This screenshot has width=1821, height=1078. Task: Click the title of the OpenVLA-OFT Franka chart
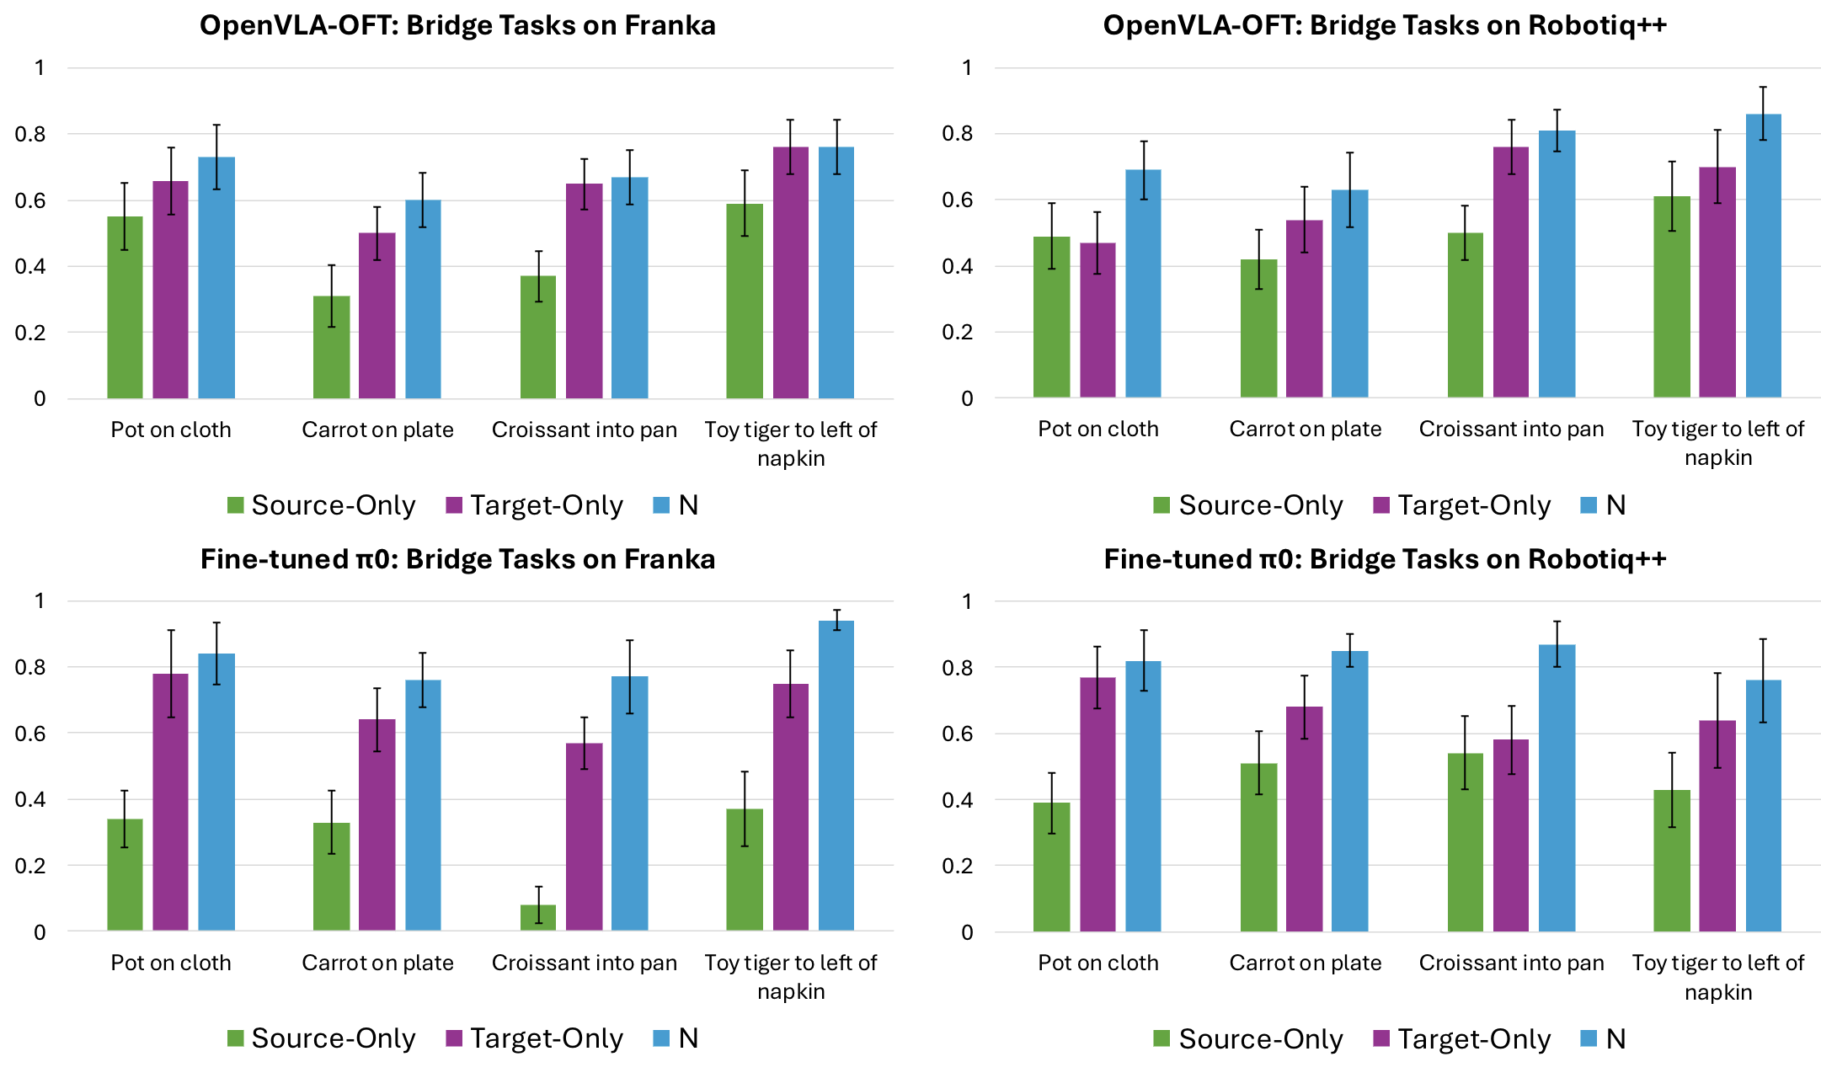click(457, 25)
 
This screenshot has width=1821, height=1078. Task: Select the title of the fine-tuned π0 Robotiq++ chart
click(1385, 559)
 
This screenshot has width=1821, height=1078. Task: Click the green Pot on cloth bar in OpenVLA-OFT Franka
click(125, 307)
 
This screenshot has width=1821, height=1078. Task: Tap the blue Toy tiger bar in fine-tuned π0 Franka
click(836, 775)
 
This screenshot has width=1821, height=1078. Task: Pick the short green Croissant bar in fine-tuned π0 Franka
click(538, 917)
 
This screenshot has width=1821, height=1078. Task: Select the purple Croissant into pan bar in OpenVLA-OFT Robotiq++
click(1511, 272)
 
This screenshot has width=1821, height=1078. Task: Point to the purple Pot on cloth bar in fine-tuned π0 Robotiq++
click(1097, 804)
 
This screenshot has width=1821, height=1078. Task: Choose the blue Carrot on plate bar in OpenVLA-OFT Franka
click(423, 299)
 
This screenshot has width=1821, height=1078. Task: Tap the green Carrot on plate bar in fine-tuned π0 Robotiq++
click(1258, 846)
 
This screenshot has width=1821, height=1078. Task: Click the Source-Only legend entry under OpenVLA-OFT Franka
click(322, 505)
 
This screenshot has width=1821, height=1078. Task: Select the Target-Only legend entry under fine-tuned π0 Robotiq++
click(1462, 1039)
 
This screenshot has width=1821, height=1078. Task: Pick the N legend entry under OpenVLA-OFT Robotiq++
click(1604, 505)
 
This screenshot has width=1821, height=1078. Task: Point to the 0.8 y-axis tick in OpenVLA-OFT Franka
click(29, 134)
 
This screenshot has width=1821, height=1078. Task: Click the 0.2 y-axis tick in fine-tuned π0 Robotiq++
click(957, 866)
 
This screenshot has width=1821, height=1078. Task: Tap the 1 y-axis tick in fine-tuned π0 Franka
click(40, 600)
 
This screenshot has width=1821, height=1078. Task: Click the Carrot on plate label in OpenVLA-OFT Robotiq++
click(1305, 430)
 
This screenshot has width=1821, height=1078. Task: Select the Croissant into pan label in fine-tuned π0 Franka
click(584, 963)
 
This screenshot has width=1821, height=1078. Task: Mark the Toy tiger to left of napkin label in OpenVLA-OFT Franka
click(790, 443)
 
